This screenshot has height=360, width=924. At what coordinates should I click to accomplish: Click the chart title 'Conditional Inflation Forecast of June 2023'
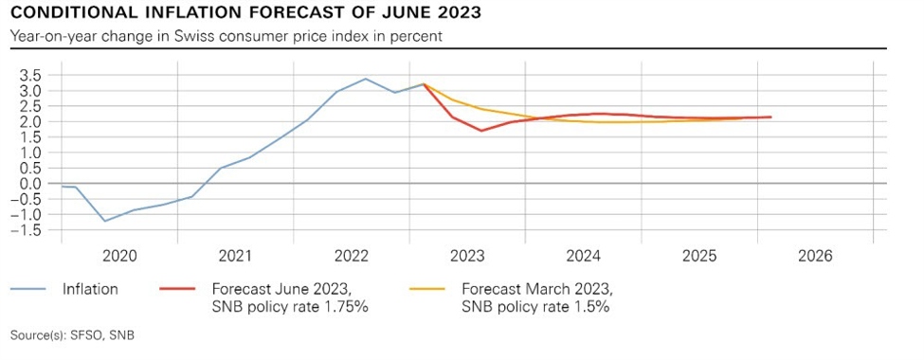pos(245,13)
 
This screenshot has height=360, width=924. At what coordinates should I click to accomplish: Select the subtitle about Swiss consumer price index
pos(227,36)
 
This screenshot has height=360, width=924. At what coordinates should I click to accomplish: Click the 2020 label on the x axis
pos(119,256)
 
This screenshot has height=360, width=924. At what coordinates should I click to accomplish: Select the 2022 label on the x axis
pos(352,256)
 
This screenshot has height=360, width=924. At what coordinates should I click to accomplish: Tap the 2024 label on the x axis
pos(584,256)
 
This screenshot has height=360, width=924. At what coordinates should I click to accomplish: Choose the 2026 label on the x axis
pos(815,256)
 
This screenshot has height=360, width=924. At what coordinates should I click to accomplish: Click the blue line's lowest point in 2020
pos(105,221)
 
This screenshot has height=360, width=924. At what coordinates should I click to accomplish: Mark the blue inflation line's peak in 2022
pos(366,79)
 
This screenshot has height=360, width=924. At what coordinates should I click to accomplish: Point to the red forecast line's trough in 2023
pos(481,131)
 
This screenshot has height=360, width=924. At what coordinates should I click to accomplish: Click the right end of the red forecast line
pos(771,117)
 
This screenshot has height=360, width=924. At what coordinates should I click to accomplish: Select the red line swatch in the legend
pos(179,290)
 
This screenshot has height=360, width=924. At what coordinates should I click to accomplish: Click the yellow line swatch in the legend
pos(429,290)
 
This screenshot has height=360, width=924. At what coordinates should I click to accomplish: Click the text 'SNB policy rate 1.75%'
pos(290,307)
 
